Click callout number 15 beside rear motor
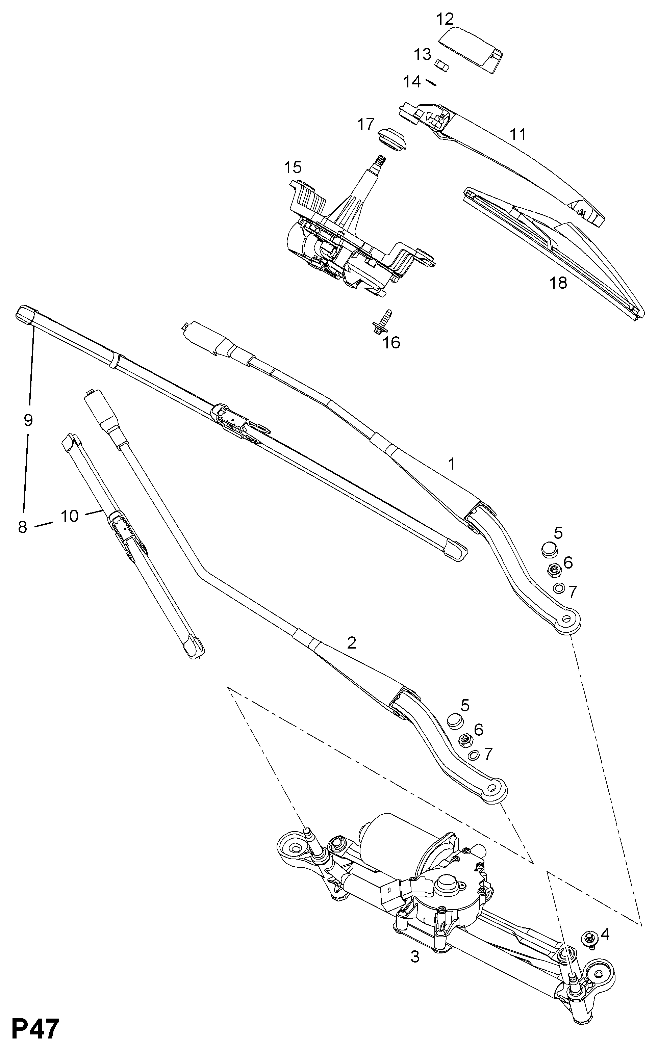coord(293,167)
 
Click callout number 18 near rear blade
coord(558,283)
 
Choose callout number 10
coord(69,516)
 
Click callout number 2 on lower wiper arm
coord(352,643)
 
